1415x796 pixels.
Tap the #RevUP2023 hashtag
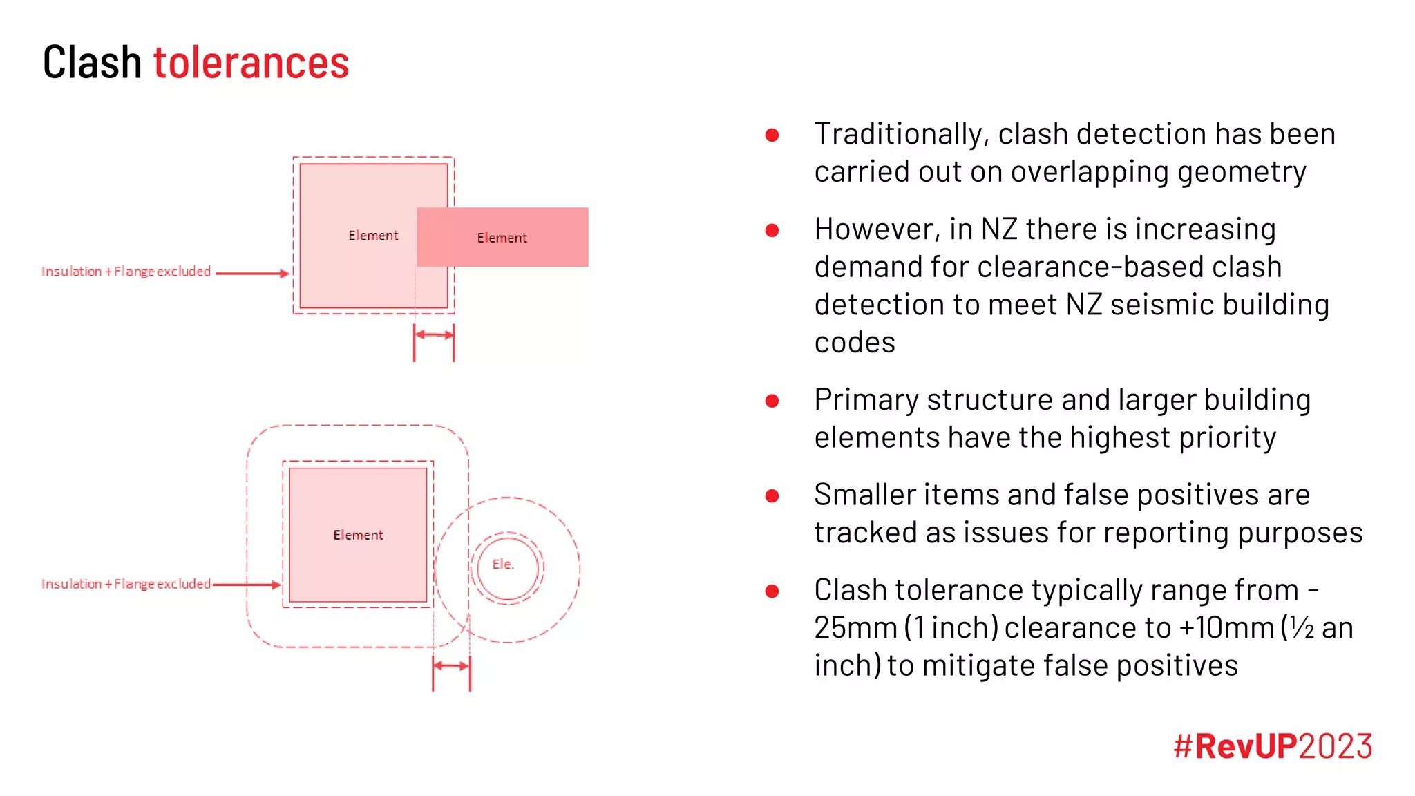[x=1272, y=746]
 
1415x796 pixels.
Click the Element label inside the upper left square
[x=373, y=236]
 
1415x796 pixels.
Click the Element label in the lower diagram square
[x=358, y=535]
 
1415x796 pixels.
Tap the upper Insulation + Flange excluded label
[x=126, y=272]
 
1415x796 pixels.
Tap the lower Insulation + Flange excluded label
[x=126, y=584]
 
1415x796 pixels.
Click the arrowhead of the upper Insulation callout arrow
[x=284, y=274]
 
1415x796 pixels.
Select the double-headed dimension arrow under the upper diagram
[x=434, y=334]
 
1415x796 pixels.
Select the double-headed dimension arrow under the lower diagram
[x=451, y=666]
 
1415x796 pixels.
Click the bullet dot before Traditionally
[x=772, y=135]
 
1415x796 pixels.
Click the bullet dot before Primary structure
[x=772, y=401]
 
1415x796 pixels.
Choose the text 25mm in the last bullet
[x=855, y=628]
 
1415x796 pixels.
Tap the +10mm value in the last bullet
[x=1226, y=628]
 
